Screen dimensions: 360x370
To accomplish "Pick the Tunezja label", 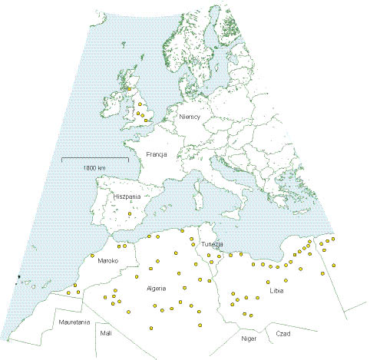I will [213, 244].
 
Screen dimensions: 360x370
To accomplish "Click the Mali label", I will [105, 334].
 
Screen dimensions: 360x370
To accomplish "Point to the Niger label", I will [248, 338].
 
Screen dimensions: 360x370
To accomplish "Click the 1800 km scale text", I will [94, 167].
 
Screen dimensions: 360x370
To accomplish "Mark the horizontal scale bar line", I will [94, 159].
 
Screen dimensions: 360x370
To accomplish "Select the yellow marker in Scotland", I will [129, 88].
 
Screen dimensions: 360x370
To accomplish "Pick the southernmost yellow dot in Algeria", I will [154, 327].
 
